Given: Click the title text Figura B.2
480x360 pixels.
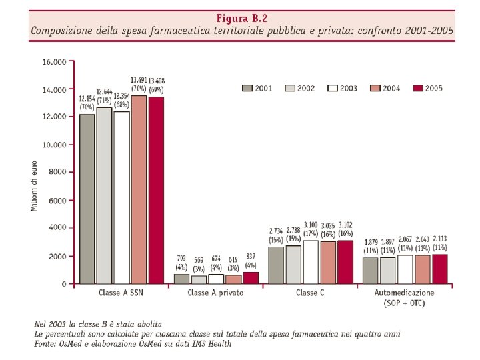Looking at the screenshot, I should point(242,17).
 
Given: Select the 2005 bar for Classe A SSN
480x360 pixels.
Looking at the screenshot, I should point(156,190).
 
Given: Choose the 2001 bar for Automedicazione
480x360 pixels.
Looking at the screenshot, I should point(371,271).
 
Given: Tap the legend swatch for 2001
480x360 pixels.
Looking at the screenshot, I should point(247,88).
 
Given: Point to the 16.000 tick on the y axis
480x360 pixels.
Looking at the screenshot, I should point(54,61).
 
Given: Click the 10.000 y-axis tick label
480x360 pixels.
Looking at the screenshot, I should point(54,145).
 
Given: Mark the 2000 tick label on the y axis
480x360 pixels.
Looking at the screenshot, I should point(57,256).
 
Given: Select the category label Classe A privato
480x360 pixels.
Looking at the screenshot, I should point(215,293).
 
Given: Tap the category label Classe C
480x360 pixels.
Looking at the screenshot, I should point(311,293).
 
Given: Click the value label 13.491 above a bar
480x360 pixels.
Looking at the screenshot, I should point(139,81).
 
